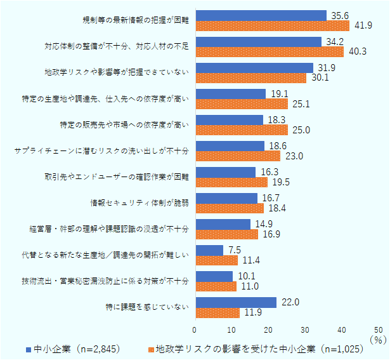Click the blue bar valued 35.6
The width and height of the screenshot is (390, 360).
click(261, 15)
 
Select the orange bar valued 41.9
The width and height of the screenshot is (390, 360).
click(273, 25)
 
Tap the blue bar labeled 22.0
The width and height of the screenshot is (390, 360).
click(236, 302)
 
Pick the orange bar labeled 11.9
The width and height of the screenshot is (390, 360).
click(218, 312)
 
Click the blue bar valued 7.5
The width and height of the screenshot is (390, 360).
click(209, 250)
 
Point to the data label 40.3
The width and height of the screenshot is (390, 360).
click(355, 51)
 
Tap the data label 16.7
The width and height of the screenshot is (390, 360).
click(269, 197)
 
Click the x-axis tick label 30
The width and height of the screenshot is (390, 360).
click(306, 330)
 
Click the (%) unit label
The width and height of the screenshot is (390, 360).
click(380, 340)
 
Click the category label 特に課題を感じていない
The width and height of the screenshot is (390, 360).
click(147, 307)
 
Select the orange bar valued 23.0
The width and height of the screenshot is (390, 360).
click(238, 156)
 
